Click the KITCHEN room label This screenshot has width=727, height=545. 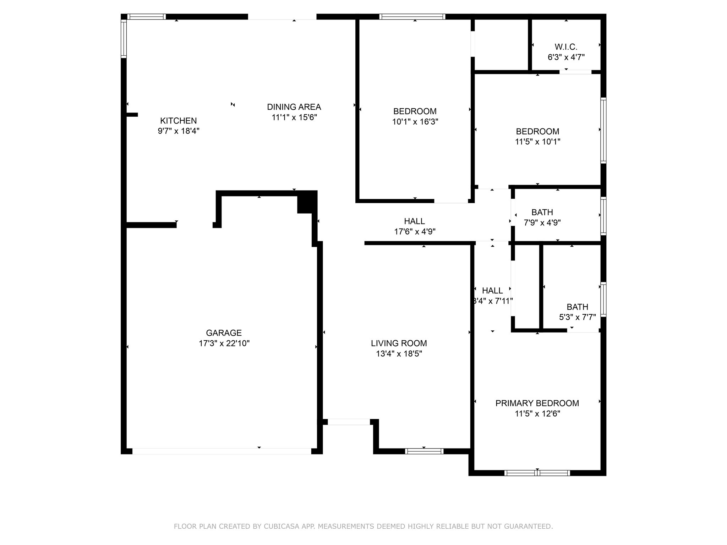click(x=178, y=121)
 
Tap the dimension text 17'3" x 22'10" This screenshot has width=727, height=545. click(x=224, y=343)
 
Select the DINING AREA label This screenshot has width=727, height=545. click(x=294, y=107)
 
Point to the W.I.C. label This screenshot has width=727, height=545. click(x=566, y=47)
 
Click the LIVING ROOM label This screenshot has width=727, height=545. click(x=399, y=343)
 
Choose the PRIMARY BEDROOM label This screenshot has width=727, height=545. click(x=537, y=403)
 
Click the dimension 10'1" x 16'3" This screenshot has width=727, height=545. click(x=415, y=122)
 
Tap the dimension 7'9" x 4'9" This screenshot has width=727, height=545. click(x=542, y=223)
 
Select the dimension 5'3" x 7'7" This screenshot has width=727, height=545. click(x=577, y=317)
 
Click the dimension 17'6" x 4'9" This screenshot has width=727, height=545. click(x=415, y=232)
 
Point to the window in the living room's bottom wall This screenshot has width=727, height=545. click(x=424, y=451)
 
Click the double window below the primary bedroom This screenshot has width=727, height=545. click(x=537, y=473)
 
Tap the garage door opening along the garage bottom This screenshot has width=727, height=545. click(x=222, y=451)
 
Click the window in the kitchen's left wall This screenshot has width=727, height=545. click(x=124, y=38)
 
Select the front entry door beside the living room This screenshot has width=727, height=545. click(x=349, y=422)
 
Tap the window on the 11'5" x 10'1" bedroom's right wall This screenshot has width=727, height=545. click(x=603, y=130)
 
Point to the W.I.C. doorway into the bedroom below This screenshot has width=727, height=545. click(x=575, y=72)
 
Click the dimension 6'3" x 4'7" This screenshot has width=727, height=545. click(x=566, y=57)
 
